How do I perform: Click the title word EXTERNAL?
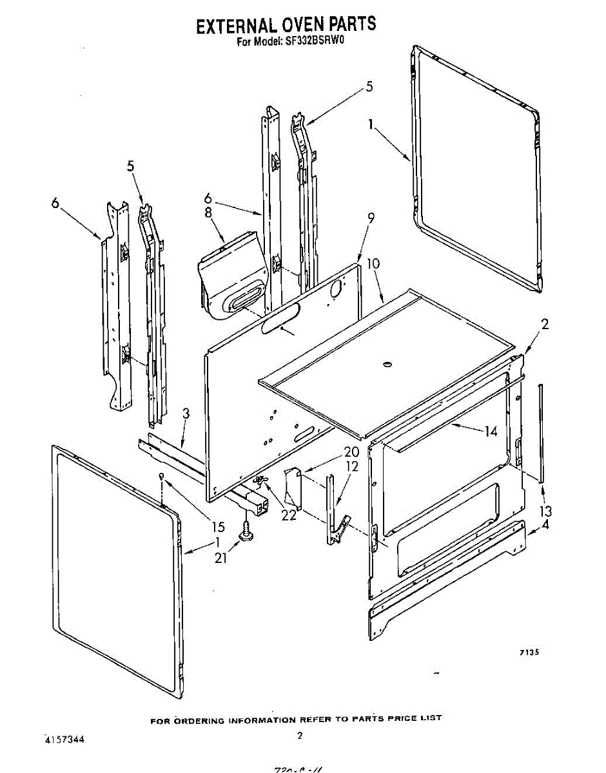click(236, 26)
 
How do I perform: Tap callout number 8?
click(208, 212)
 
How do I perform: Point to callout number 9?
click(371, 218)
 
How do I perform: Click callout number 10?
click(373, 263)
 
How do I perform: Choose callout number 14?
click(491, 432)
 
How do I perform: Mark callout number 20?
click(352, 452)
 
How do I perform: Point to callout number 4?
click(545, 524)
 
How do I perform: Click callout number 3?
click(186, 414)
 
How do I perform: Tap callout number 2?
click(545, 325)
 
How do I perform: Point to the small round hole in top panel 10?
click(387, 365)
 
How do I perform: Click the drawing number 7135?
click(529, 653)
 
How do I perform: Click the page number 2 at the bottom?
click(299, 735)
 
